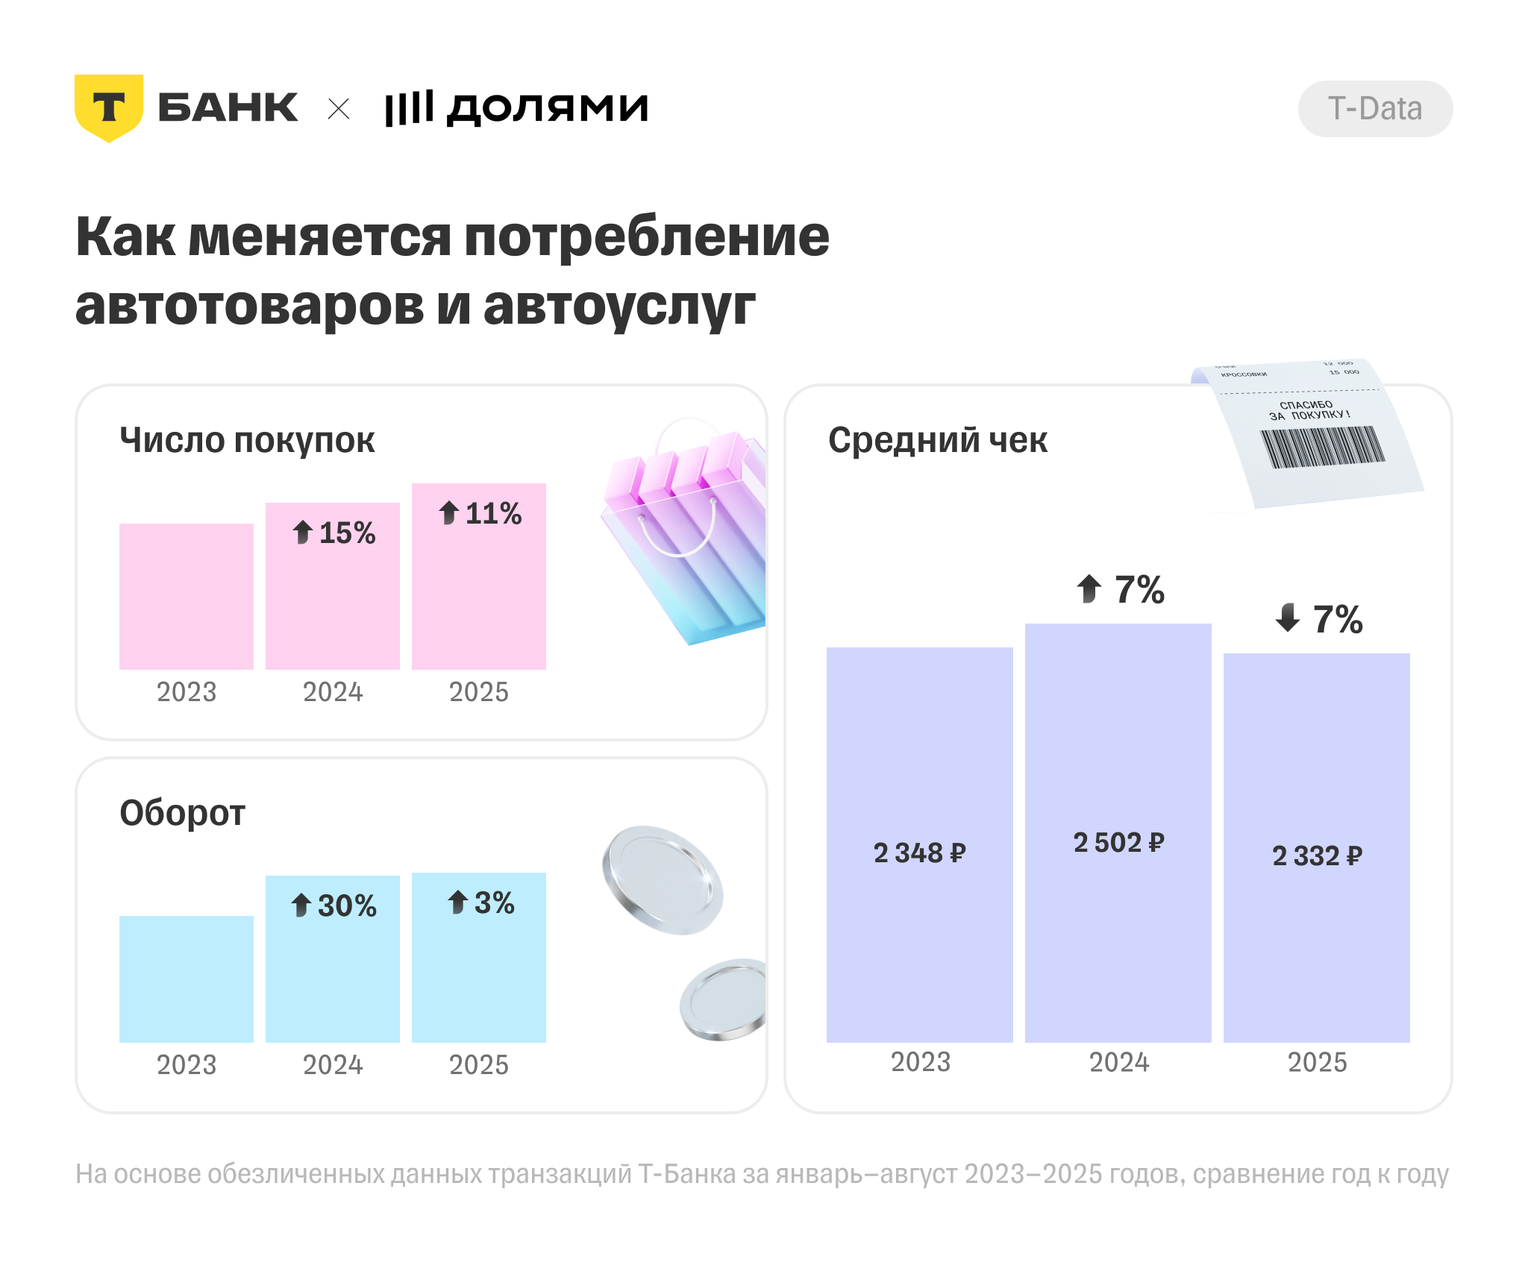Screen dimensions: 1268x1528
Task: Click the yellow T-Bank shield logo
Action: coord(109,107)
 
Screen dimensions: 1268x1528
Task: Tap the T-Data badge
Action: coord(1374,109)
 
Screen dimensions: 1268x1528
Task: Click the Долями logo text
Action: coord(516,109)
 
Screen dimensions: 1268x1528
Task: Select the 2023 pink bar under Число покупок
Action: coord(187,596)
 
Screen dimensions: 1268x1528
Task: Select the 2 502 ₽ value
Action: coord(1118,843)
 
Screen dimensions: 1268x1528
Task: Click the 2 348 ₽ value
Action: coord(919,853)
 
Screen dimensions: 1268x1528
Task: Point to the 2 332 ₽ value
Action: coord(1317,856)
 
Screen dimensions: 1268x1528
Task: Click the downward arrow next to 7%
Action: coord(1288,618)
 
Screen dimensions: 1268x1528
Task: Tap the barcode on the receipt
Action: coord(1322,447)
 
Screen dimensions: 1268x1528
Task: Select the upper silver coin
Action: coord(662,879)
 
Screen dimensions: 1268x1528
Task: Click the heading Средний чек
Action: coord(937,440)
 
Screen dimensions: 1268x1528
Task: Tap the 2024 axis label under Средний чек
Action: coord(1118,1062)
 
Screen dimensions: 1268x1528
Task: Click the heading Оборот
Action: coord(182,813)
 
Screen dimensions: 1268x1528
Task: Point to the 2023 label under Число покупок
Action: coord(187,692)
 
